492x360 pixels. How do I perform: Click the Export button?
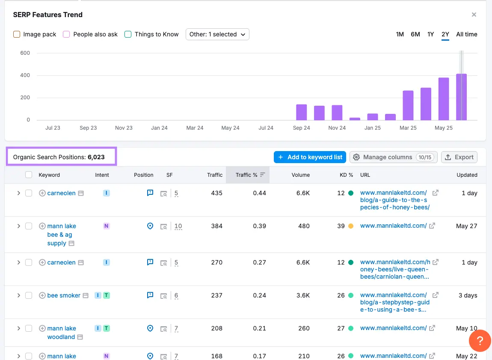[x=459, y=157]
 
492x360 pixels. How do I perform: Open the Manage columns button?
[x=392, y=157]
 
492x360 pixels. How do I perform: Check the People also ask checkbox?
[x=66, y=34]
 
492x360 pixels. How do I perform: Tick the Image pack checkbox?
[x=17, y=34]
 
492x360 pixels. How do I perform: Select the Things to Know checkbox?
[x=128, y=34]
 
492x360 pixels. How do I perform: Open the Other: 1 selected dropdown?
[x=217, y=34]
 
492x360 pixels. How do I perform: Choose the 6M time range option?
[x=415, y=34]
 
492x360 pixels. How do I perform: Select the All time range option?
[x=466, y=34]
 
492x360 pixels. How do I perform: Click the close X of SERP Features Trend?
[x=474, y=15]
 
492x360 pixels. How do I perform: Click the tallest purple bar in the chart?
[x=461, y=97]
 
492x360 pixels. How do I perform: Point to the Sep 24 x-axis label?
[x=301, y=128]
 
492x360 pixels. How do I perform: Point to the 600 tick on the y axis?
[x=25, y=53]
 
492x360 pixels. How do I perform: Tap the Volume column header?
[x=300, y=175]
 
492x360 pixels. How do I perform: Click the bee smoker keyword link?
[x=64, y=295]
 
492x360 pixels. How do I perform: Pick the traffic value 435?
[x=216, y=193]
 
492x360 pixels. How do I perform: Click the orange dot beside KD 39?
[x=351, y=226]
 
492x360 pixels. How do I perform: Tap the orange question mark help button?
[x=480, y=341]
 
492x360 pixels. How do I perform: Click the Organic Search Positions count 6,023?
[x=96, y=157]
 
